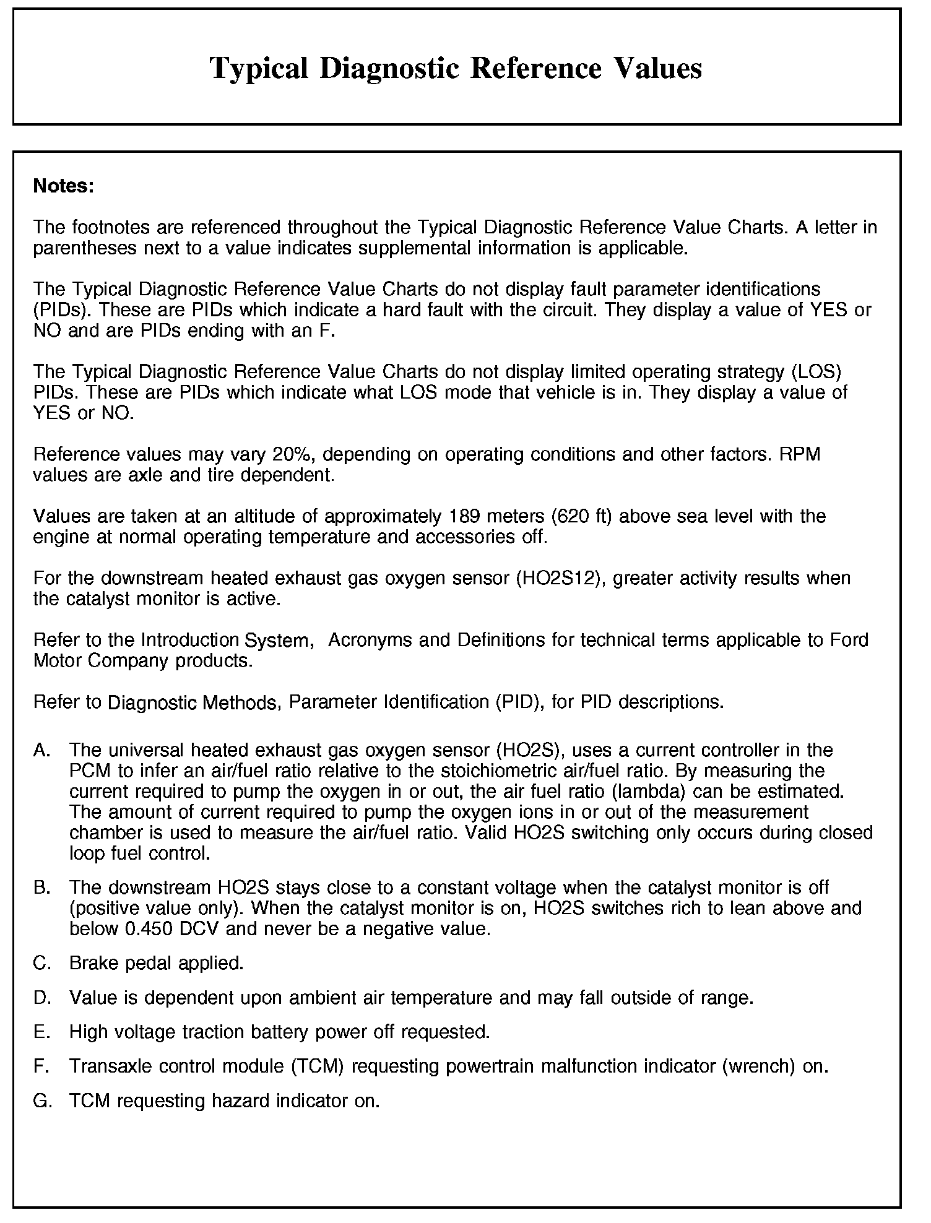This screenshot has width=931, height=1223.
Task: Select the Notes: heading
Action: click(64, 186)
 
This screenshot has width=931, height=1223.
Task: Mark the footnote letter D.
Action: click(41, 998)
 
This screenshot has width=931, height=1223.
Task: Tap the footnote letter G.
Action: click(41, 1101)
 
